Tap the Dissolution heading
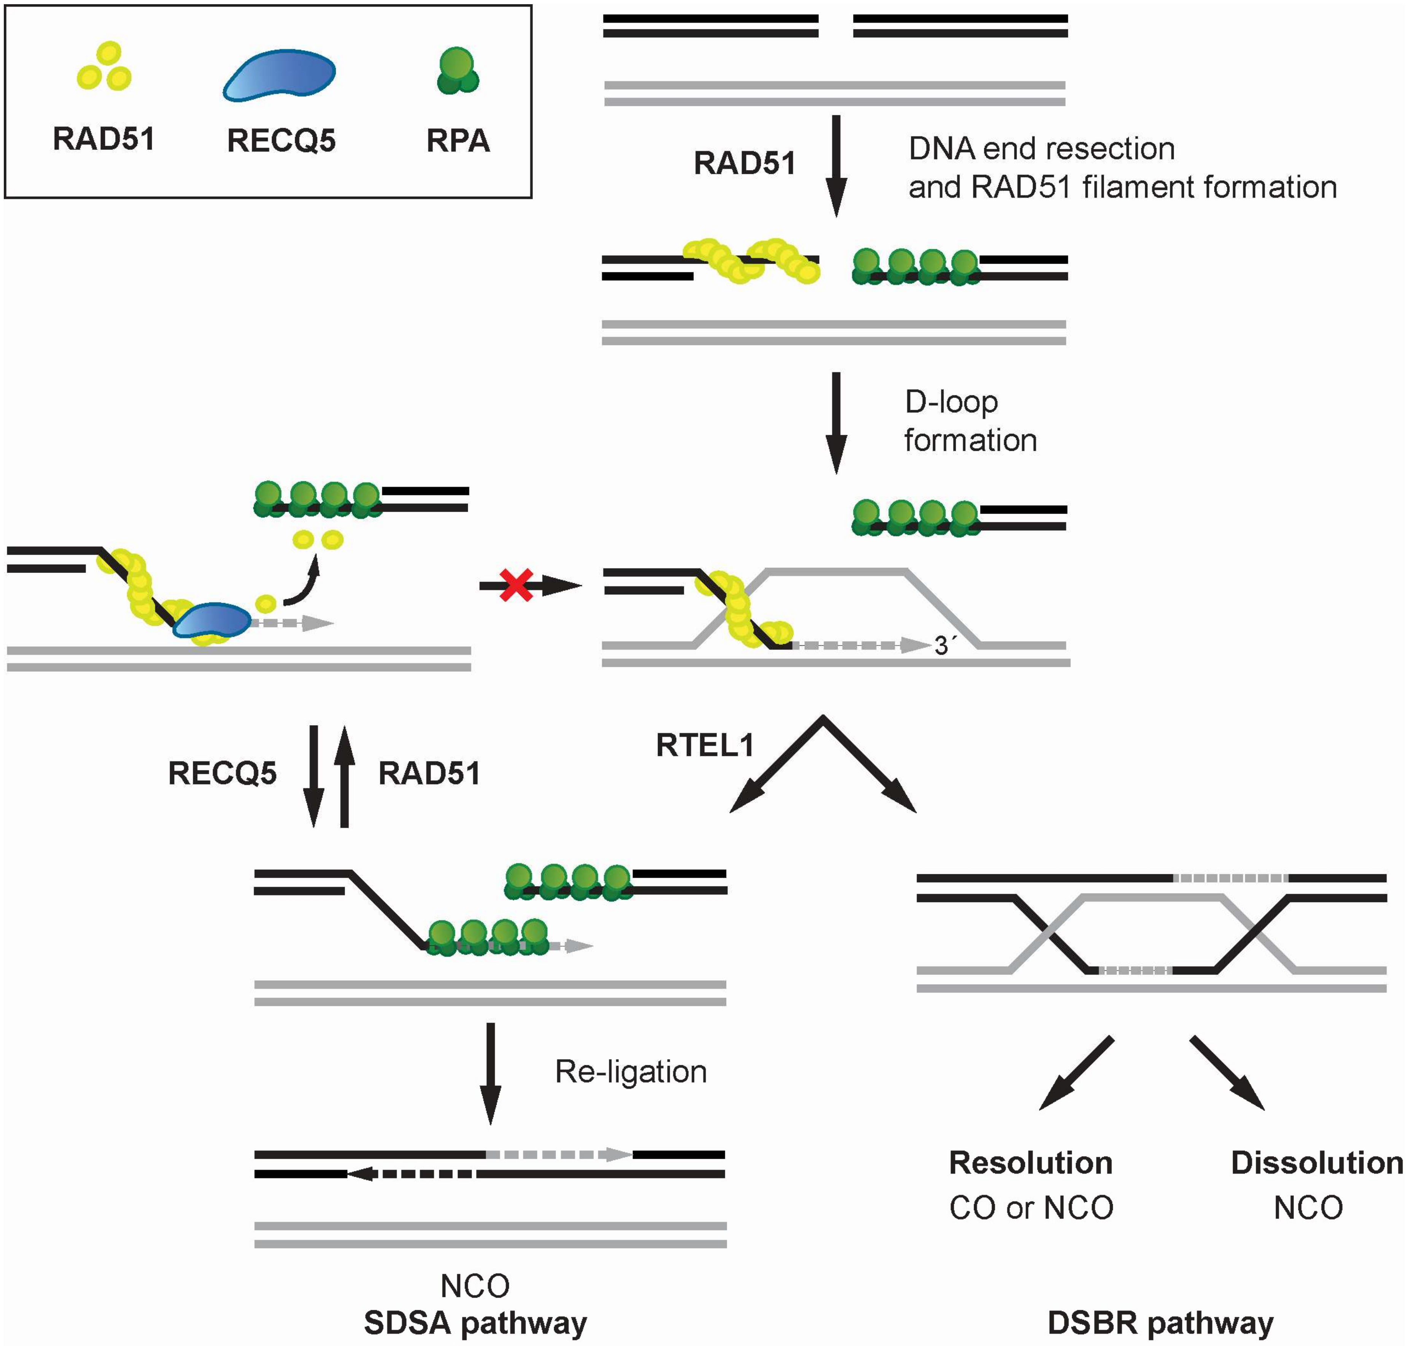pyautogui.click(x=1316, y=1162)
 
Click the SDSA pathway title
pyautogui.click(x=475, y=1322)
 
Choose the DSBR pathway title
pyautogui.click(x=1160, y=1322)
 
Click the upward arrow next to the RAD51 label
pyautogui.click(x=344, y=777)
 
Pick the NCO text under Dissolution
pyautogui.click(x=1308, y=1208)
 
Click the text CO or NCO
pyautogui.click(x=1031, y=1208)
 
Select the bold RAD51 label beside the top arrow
pyautogui.click(x=744, y=164)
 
